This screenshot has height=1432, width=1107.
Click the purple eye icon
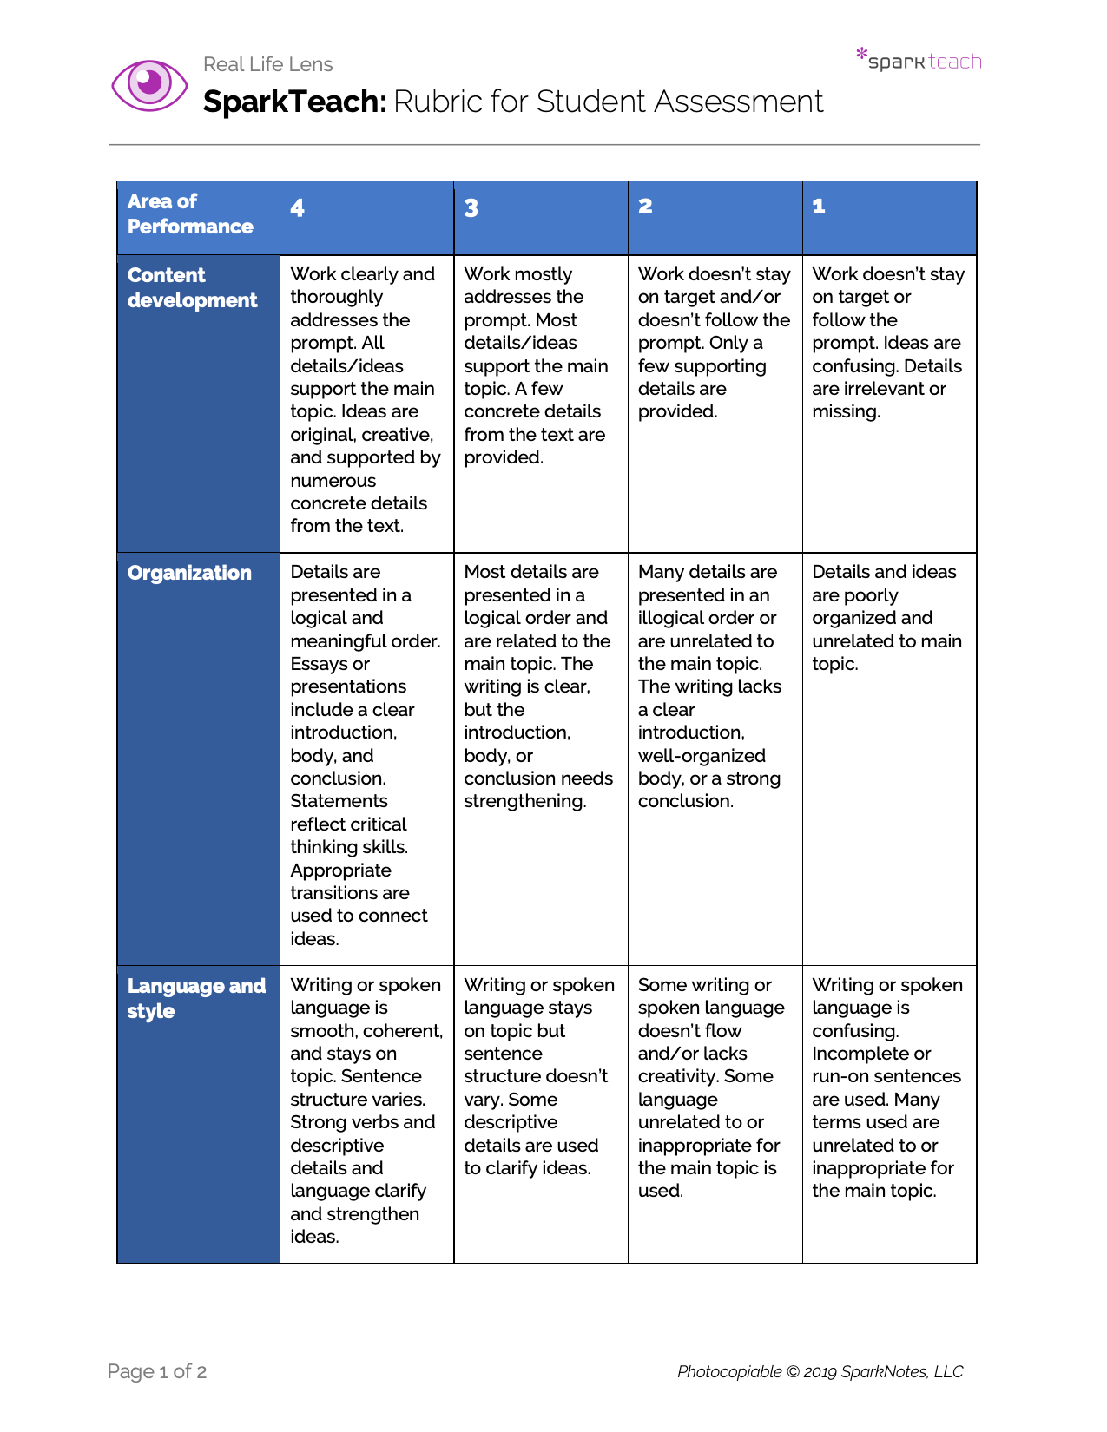pyautogui.click(x=149, y=84)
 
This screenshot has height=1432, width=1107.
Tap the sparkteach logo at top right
pyautogui.click(x=919, y=60)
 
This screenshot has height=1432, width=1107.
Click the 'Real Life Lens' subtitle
pyautogui.click(x=267, y=64)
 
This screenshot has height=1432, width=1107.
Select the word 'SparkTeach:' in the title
pyautogui.click(x=294, y=102)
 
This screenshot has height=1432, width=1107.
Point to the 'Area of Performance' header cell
pyautogui.click(x=190, y=213)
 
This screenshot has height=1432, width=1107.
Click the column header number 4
pyautogui.click(x=298, y=208)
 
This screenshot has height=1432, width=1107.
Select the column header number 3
pyautogui.click(x=471, y=208)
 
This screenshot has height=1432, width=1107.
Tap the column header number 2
pyautogui.click(x=645, y=207)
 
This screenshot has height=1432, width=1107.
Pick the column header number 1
pyautogui.click(x=819, y=207)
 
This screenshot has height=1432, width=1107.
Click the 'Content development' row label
pyautogui.click(x=192, y=287)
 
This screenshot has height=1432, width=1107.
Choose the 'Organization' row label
pyautogui.click(x=189, y=573)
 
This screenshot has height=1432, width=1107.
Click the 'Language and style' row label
pyautogui.click(x=196, y=998)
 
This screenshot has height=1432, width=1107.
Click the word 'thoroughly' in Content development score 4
pyautogui.click(x=336, y=297)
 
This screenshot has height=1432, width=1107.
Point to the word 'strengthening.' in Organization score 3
pyautogui.click(x=524, y=801)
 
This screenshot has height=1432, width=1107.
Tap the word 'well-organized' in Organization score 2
pyautogui.click(x=702, y=756)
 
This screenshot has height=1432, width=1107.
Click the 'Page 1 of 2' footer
pyautogui.click(x=157, y=1371)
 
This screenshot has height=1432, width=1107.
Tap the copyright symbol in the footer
pyautogui.click(x=792, y=1371)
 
